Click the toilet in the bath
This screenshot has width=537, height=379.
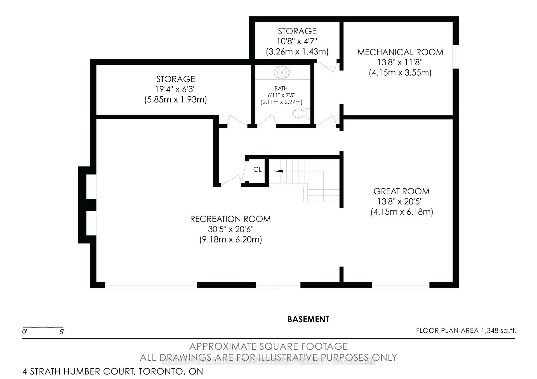301,113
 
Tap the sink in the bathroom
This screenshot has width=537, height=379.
282,73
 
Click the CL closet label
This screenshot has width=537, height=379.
257,170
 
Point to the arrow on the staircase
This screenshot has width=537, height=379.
279,171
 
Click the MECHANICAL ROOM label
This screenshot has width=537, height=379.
400,52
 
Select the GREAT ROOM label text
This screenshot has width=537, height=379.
401,191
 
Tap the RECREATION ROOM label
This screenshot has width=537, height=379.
230,219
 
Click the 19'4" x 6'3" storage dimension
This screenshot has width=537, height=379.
175,89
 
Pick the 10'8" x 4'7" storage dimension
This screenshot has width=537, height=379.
297,41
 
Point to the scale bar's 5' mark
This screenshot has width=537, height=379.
62,332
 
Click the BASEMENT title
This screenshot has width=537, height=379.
308,320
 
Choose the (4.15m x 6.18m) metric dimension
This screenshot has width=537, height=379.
402,212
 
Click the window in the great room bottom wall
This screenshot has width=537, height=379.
400,285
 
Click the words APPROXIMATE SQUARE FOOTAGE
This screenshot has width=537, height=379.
268,346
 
